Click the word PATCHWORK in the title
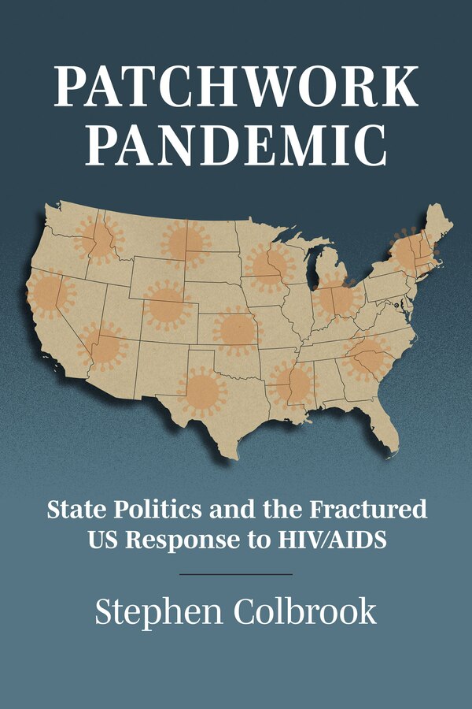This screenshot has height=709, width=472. tap(236, 87)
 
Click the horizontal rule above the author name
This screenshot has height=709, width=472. tap(236, 574)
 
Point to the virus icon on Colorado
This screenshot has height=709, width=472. tap(167, 304)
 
